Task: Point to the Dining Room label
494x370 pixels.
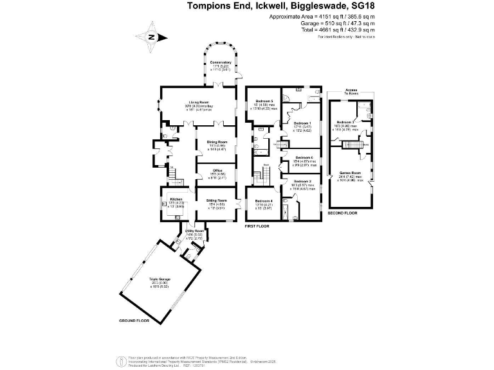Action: click(x=217, y=142)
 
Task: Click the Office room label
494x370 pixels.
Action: click(x=217, y=172)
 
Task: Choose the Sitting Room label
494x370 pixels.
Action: click(x=217, y=200)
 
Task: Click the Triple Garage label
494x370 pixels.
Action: click(x=159, y=279)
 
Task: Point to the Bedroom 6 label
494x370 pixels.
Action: click(x=304, y=157)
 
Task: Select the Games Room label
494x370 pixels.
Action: click(x=351, y=173)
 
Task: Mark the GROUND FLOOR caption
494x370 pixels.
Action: click(x=134, y=320)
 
